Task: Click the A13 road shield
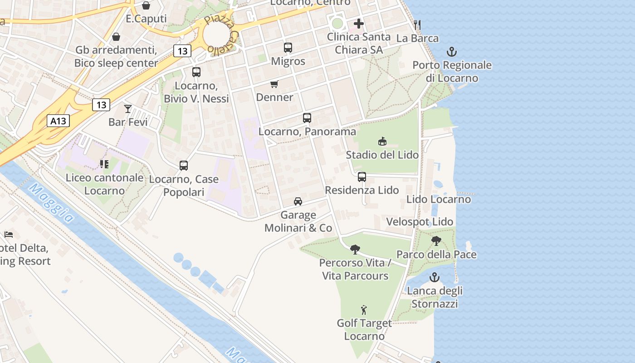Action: click(x=59, y=121)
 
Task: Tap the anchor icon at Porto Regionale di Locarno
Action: click(x=452, y=52)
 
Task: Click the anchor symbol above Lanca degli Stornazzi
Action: click(x=435, y=277)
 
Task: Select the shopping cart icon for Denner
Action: click(x=274, y=84)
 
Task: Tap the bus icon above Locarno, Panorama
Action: click(x=307, y=118)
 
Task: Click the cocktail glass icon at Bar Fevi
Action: click(x=128, y=109)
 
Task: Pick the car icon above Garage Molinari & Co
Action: click(x=298, y=201)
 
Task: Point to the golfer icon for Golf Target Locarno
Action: click(x=364, y=310)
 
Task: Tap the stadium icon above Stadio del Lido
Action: click(x=382, y=142)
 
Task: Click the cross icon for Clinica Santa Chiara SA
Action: click(x=359, y=24)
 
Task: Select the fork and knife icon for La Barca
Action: click(x=417, y=25)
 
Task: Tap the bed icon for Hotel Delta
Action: click(x=9, y=235)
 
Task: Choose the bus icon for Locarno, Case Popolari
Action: click(x=184, y=166)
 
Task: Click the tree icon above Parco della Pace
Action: click(x=436, y=241)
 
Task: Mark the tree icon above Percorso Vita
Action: click(x=355, y=250)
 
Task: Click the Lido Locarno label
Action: click(x=439, y=199)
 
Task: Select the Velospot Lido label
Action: click(x=420, y=222)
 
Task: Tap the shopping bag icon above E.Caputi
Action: click(x=146, y=5)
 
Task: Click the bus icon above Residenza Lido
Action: click(x=361, y=177)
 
